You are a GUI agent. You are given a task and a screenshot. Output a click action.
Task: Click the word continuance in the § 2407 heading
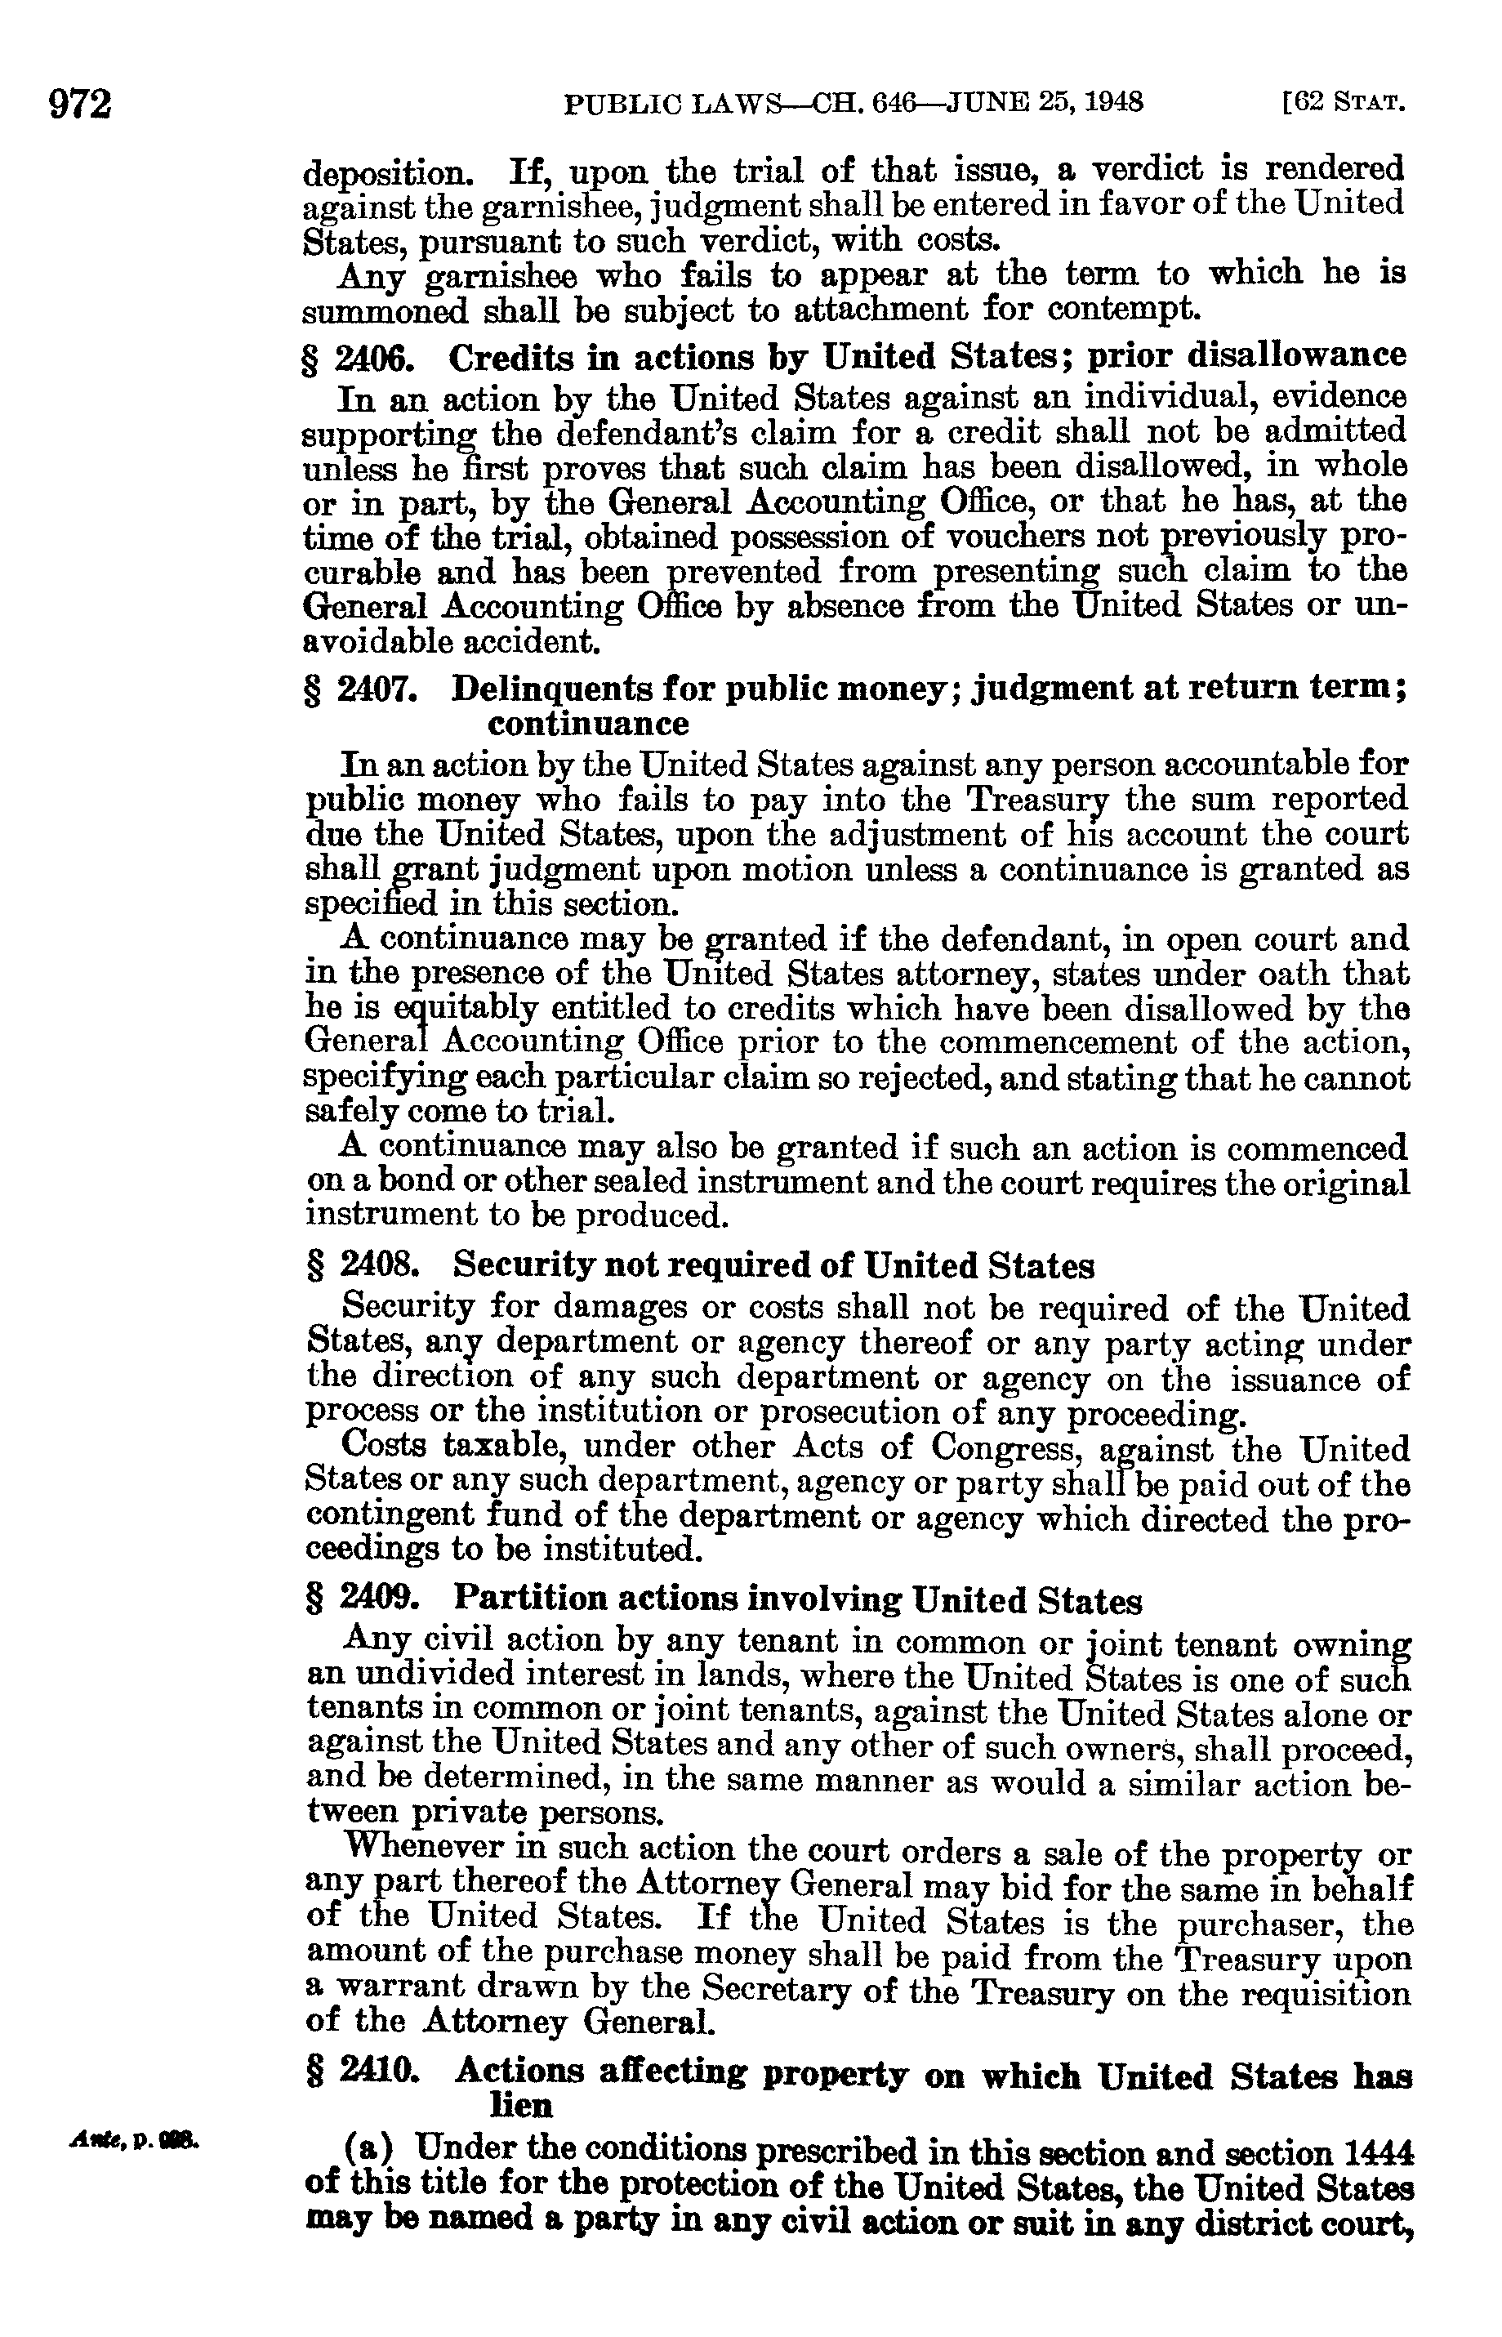click(x=587, y=724)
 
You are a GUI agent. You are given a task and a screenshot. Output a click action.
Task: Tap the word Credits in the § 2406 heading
click(x=508, y=358)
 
